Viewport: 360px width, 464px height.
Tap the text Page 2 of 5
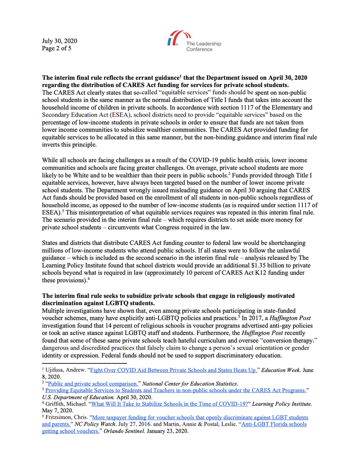pyautogui.click(x=56, y=48)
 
